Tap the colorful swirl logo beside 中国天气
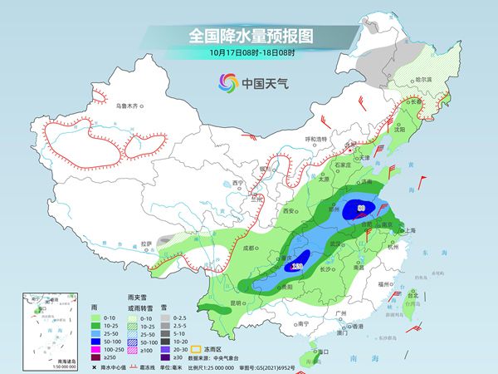coord(227,82)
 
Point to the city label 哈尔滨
coord(423,79)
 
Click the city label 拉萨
coord(147,244)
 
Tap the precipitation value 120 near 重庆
coord(298,265)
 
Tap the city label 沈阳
coord(424,130)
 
